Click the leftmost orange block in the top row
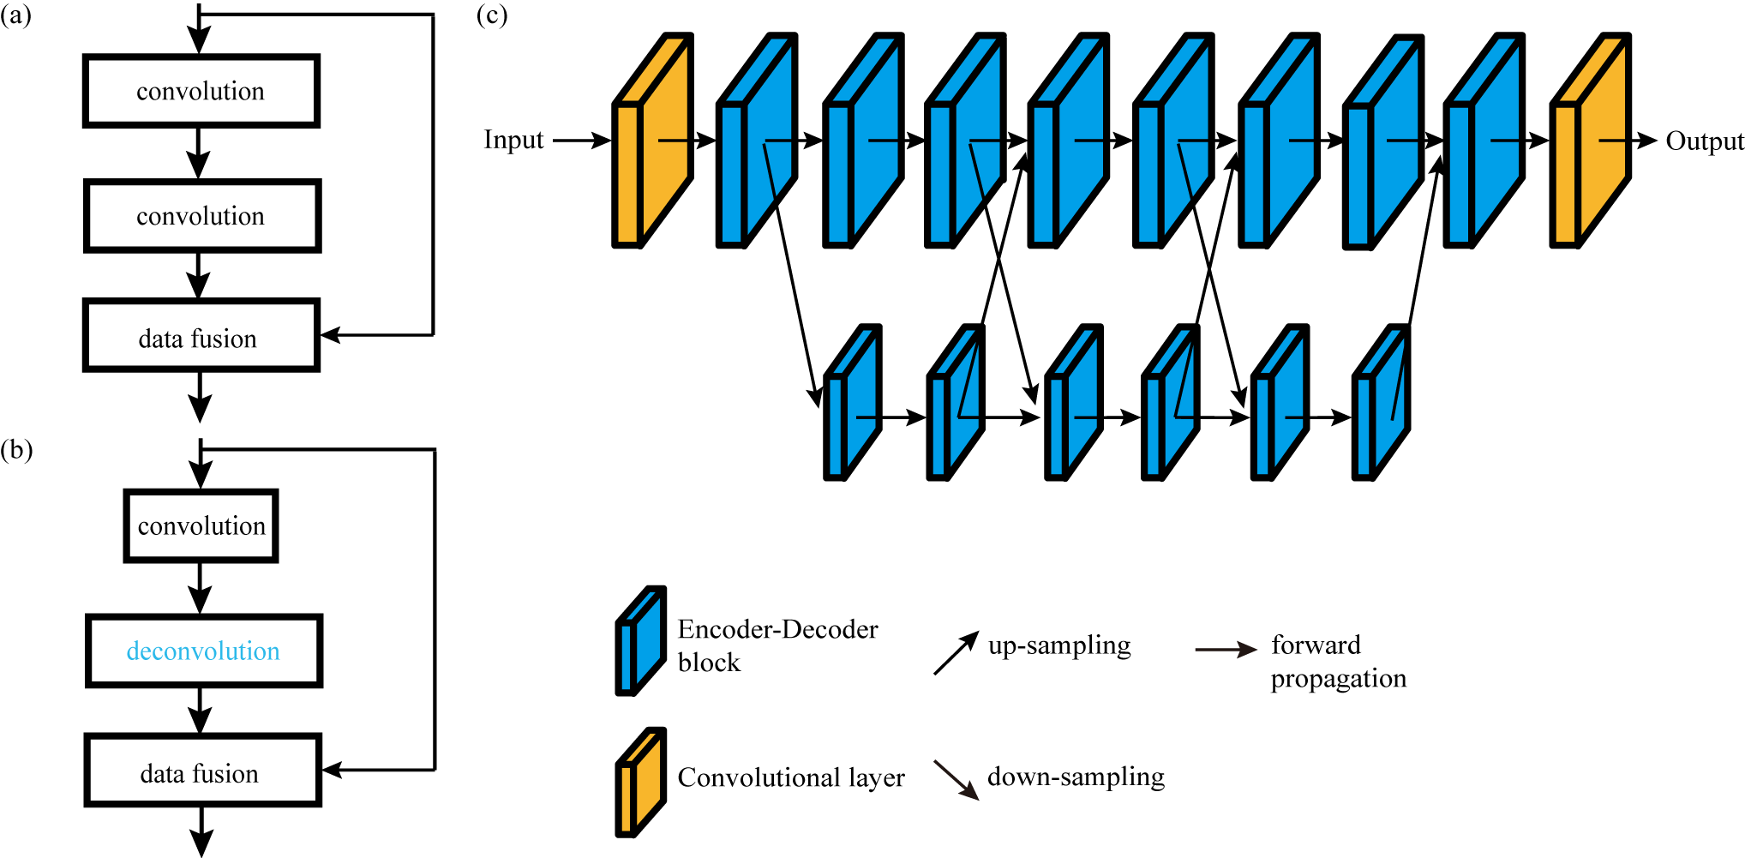coord(653,141)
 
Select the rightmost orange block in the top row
coord(1591,141)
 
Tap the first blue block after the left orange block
coord(758,141)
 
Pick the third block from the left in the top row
coord(864,141)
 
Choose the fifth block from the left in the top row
coord(1069,141)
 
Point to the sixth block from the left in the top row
coord(1174,141)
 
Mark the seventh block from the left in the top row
coord(1280,141)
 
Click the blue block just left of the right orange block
coord(1484,141)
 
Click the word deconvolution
coord(203,651)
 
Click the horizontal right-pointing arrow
coord(1226,650)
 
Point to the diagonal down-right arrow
coord(956,780)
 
